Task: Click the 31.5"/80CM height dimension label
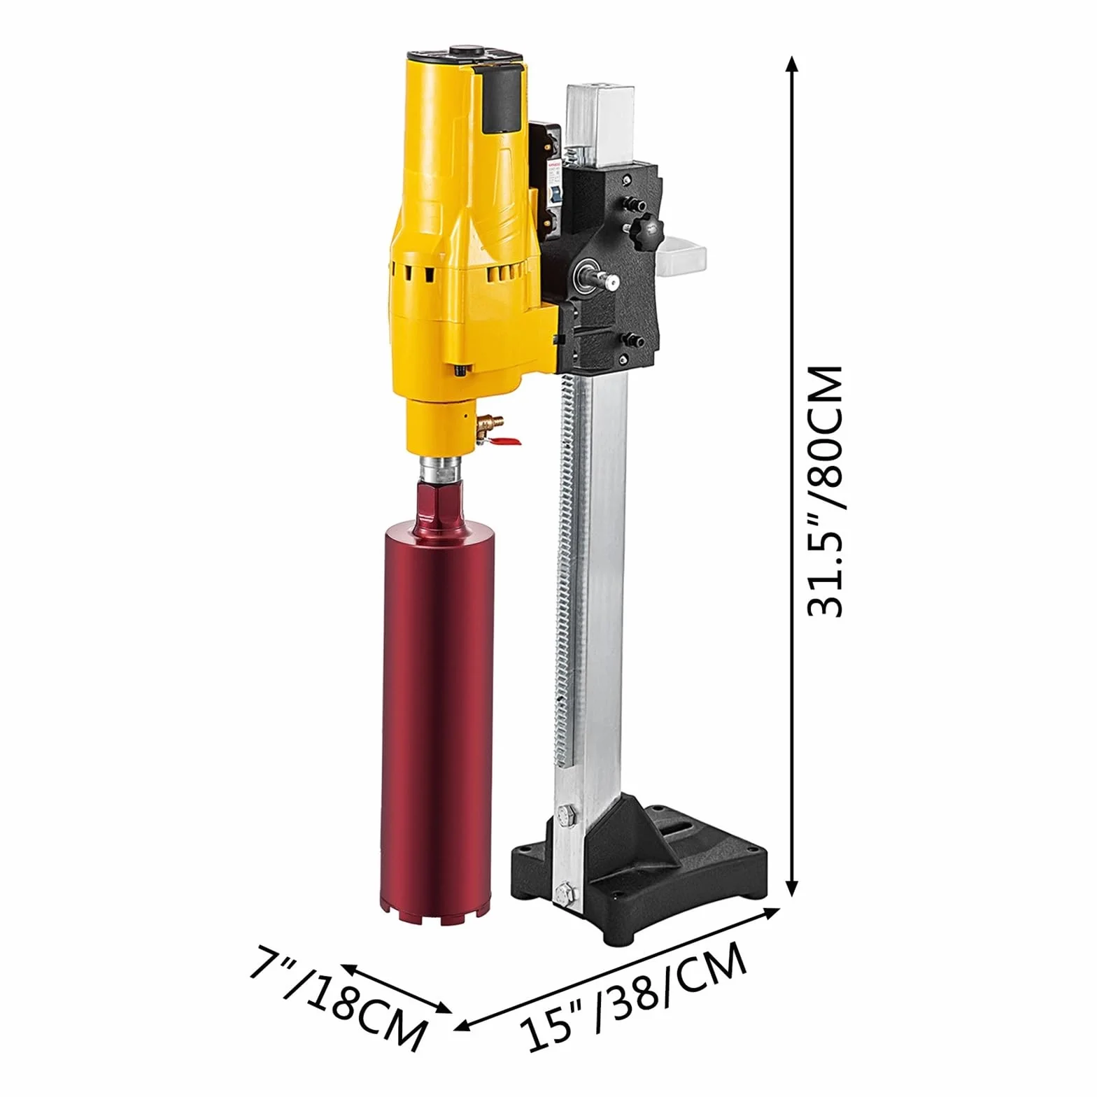click(x=826, y=490)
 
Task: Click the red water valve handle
click(x=505, y=441)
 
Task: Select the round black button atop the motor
click(x=461, y=51)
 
